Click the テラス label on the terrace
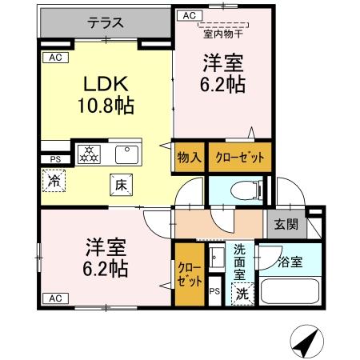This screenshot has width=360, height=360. point(106,22)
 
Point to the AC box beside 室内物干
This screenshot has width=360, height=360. point(189,15)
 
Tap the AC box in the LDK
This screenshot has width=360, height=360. point(54,58)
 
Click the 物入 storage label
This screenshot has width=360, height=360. point(189,158)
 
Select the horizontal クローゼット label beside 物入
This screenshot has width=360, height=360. point(239,158)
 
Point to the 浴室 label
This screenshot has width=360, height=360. point(290,262)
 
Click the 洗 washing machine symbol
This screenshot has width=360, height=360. point(242,293)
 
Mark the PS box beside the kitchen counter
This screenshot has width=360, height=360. point(55,158)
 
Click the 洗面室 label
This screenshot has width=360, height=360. point(241,261)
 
